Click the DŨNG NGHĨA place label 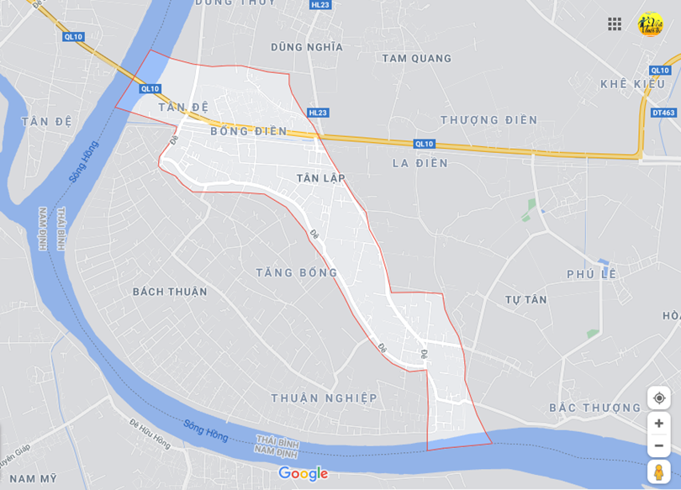307,47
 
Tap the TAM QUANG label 416,59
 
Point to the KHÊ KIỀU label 633,84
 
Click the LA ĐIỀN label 420,163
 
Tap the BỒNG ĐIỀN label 249,132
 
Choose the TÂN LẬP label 321,178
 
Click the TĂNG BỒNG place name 296,272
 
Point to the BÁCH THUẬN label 170,292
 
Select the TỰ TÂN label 525,300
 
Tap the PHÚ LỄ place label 591,274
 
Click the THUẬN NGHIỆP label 324,398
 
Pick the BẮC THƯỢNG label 595,408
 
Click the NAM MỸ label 34,478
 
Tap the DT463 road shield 663,113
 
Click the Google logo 303,474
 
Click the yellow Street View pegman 658,472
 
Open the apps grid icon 615,24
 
